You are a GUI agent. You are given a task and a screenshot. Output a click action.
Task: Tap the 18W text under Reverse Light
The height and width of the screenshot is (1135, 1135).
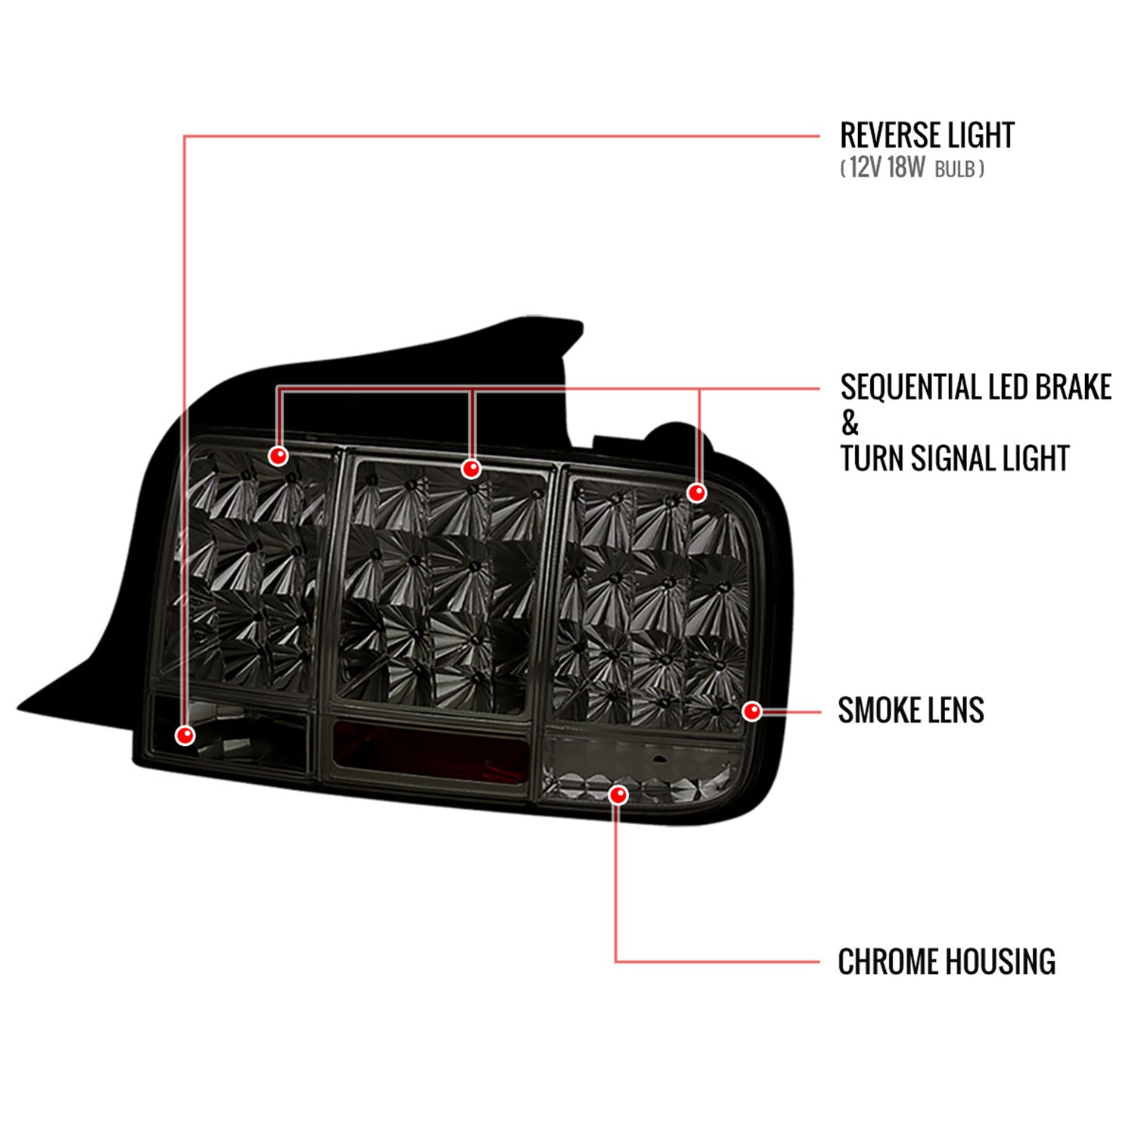click(x=906, y=167)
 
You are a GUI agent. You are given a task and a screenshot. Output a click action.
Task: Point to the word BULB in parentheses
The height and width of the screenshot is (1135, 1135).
click(x=955, y=169)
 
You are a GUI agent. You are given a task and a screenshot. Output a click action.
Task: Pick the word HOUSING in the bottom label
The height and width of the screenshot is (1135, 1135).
click(x=1000, y=962)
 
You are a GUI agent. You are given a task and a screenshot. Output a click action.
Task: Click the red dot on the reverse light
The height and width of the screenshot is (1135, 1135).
click(x=185, y=734)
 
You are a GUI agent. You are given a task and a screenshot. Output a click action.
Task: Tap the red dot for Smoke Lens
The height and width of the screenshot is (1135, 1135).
click(x=751, y=711)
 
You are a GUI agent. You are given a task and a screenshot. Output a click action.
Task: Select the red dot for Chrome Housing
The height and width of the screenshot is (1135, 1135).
click(x=618, y=794)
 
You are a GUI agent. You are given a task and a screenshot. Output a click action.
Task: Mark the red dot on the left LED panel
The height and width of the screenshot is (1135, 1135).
click(x=278, y=456)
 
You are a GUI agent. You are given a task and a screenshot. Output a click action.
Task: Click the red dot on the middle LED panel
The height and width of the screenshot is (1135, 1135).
click(x=471, y=469)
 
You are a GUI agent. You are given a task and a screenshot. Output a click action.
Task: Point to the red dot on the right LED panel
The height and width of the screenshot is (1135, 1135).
click(x=696, y=493)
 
